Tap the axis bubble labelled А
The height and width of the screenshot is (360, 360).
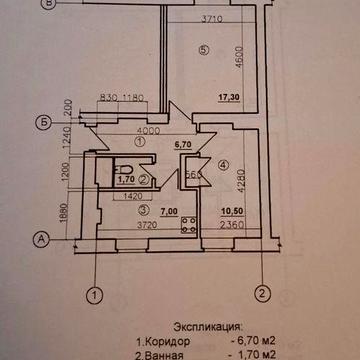pos(42,238)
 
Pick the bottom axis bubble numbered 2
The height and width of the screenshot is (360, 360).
pos(260,293)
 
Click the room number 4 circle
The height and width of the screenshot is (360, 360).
pos(223,165)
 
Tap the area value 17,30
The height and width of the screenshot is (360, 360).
pos(229,100)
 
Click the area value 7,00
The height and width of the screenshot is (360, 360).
pos(170,213)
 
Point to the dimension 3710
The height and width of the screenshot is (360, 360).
pos(210,19)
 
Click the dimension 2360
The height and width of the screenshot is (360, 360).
pos(232,228)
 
